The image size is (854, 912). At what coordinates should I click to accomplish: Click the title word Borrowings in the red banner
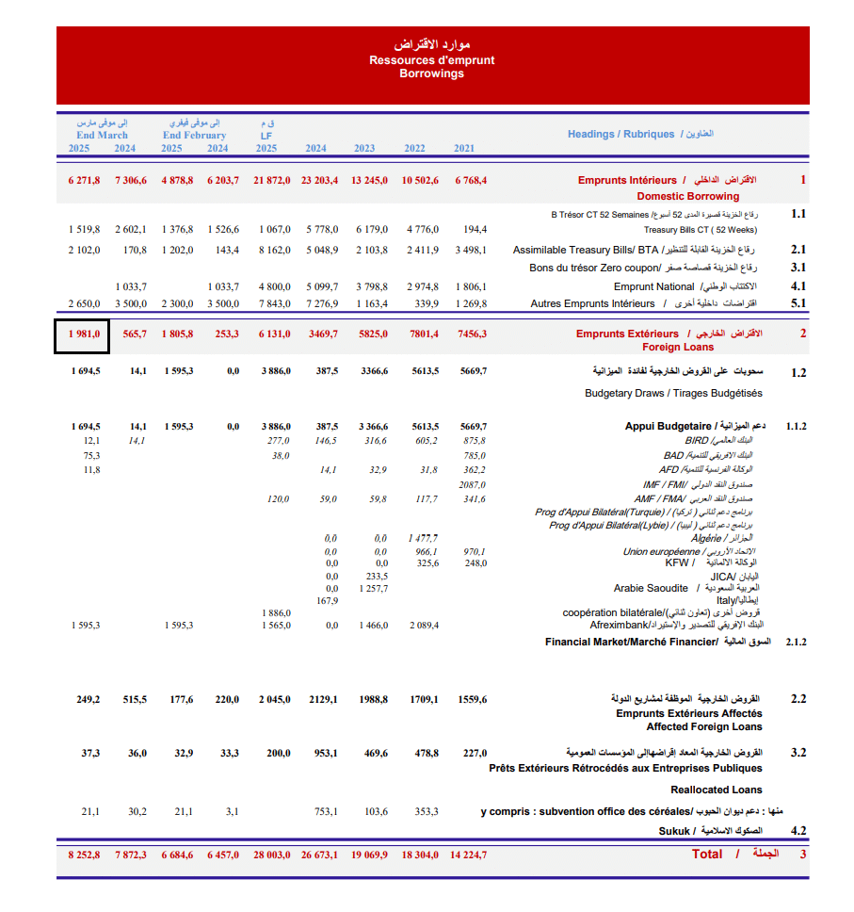(x=431, y=73)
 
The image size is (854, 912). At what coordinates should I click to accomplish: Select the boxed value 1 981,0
(x=83, y=334)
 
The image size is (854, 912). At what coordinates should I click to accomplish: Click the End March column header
(x=102, y=135)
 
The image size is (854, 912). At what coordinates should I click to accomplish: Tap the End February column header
(x=194, y=135)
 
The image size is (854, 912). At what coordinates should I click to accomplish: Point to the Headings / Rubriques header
(x=621, y=134)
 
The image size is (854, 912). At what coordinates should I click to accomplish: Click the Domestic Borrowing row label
(x=688, y=196)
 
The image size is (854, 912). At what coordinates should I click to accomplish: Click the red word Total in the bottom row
(x=707, y=854)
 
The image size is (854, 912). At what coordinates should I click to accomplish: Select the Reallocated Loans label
(x=717, y=790)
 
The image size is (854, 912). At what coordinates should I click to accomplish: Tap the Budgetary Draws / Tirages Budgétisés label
(x=673, y=393)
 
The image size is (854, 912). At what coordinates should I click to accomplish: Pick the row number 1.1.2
(x=796, y=426)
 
